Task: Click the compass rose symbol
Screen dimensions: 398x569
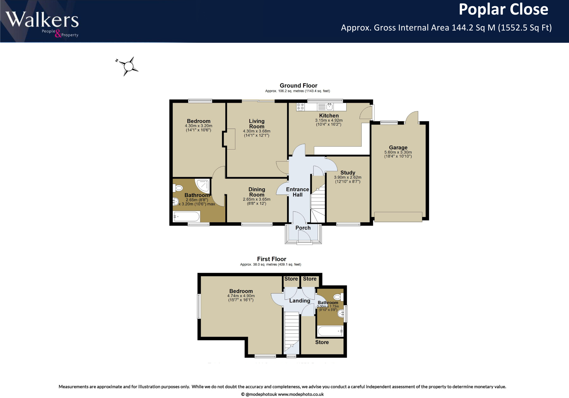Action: click(x=128, y=66)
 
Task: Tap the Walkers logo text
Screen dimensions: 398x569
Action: click(x=42, y=20)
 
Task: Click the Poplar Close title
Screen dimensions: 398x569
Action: click(x=503, y=10)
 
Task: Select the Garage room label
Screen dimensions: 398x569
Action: click(x=398, y=147)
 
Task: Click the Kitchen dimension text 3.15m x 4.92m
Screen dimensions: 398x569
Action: click(x=328, y=120)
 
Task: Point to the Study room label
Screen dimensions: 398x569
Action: click(x=348, y=172)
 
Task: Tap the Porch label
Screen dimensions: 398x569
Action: click(x=303, y=228)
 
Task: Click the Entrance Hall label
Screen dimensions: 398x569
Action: click(x=297, y=192)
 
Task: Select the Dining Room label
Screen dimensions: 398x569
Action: click(x=256, y=192)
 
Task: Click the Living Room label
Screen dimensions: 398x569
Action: click(x=256, y=124)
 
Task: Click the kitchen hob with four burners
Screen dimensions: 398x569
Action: click(x=300, y=107)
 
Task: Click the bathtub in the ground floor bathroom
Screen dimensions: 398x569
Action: click(x=186, y=217)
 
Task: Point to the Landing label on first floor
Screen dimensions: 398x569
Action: click(x=299, y=301)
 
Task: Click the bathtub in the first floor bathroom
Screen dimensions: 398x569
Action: click(x=330, y=331)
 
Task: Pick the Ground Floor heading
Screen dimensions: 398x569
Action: click(x=298, y=86)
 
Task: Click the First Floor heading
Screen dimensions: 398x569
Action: click(x=272, y=259)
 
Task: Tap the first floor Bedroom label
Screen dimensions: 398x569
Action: click(x=241, y=291)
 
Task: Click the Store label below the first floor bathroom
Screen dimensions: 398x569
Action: click(x=322, y=342)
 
